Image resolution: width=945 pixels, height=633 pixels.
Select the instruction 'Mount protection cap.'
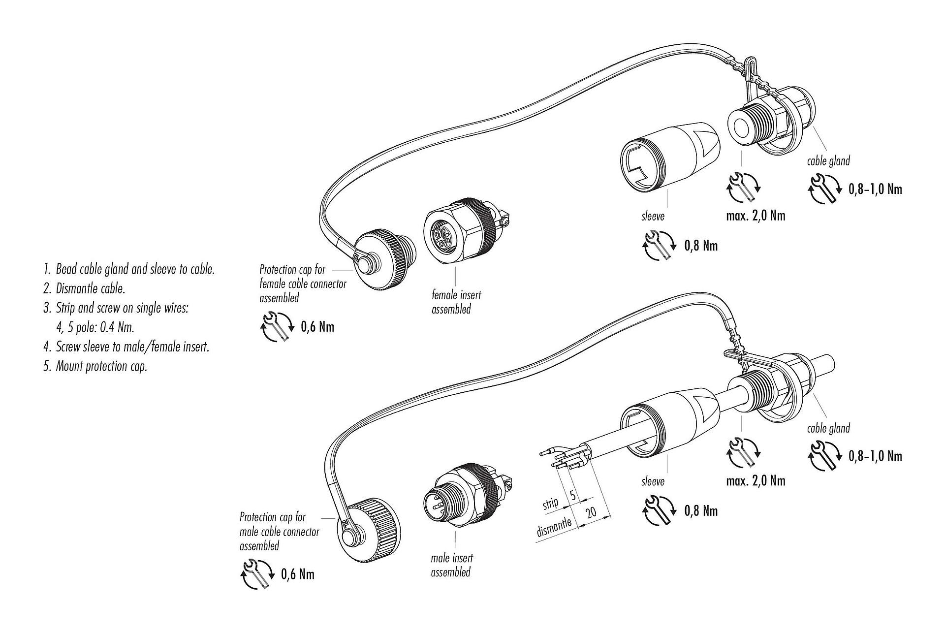coord(101,367)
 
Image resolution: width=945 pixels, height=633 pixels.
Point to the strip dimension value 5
coord(573,495)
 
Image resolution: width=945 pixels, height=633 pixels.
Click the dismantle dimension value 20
coord(591,512)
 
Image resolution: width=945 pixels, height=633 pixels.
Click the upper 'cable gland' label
coord(828,161)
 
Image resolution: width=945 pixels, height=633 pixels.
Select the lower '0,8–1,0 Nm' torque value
coord(875,456)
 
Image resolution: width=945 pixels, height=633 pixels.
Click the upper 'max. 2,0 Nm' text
coord(756,215)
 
